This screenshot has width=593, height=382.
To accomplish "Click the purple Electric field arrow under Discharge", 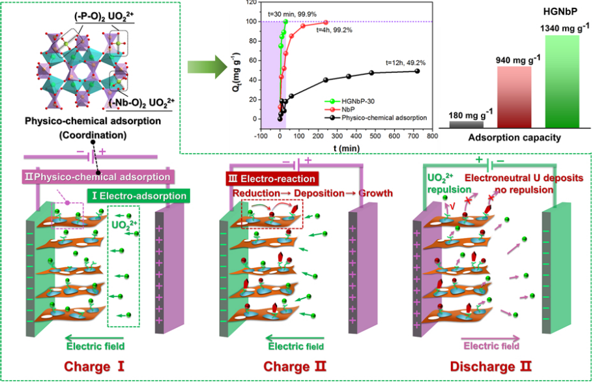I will (490, 339).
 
